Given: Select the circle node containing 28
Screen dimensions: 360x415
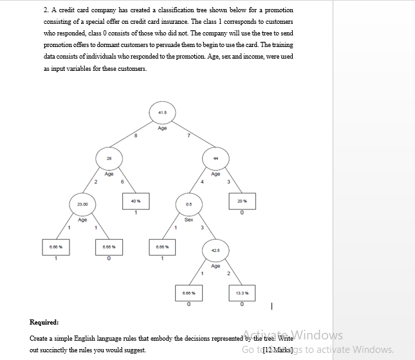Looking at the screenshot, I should [109, 158].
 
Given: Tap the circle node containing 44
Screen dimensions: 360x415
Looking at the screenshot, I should [216, 158].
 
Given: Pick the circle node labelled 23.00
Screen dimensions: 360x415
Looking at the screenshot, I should [82, 204].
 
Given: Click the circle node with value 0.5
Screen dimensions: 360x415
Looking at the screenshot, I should [189, 204].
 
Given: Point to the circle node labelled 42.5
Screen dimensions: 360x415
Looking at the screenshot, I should [216, 250].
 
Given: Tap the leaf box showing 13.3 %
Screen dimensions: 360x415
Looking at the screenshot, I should [242, 295].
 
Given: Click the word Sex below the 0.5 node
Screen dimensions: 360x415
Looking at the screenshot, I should [189, 220].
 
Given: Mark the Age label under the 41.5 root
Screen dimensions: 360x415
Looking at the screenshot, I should [161, 128].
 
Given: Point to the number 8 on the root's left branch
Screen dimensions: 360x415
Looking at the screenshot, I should [136, 135].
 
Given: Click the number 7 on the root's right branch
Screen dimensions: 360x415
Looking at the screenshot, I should [188, 135].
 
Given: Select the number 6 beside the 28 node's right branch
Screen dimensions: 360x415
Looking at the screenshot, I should [123, 182].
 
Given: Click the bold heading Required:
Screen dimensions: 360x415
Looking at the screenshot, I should [44, 322].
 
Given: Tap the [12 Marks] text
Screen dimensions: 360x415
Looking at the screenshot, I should [279, 350].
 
